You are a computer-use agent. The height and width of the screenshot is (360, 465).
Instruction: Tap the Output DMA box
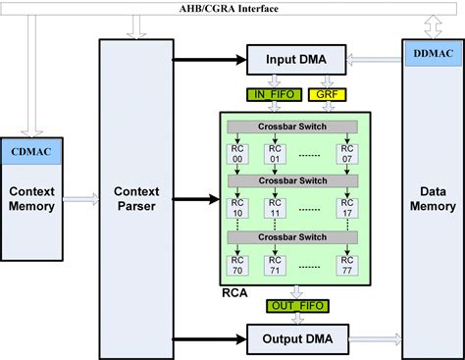tap(294, 339)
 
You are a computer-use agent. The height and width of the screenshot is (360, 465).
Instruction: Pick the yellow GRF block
tap(324, 95)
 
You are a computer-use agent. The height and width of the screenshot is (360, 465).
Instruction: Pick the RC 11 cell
tap(275, 210)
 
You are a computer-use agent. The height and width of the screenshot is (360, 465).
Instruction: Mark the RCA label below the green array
tap(234, 291)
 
